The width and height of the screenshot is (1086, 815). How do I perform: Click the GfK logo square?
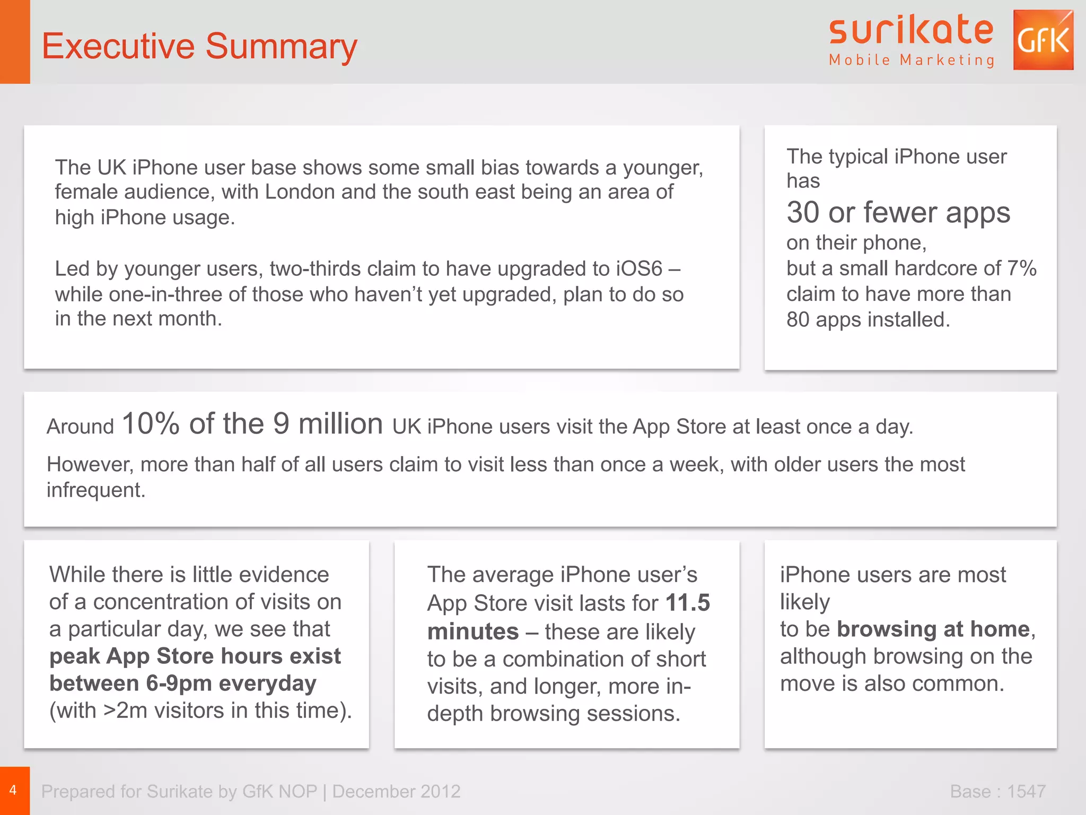(x=1043, y=40)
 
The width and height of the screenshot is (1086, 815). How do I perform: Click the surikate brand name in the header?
(x=911, y=30)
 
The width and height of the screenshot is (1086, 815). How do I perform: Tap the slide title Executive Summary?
(x=199, y=46)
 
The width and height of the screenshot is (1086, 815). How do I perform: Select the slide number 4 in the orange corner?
(x=13, y=790)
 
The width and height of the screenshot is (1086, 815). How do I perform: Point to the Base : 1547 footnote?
(x=997, y=791)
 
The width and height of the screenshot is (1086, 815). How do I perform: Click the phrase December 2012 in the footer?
(x=396, y=791)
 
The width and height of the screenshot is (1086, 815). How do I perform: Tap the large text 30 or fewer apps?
(x=898, y=212)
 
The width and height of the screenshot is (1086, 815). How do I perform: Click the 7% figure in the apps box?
(x=1022, y=268)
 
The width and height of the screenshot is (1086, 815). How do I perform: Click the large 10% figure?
(x=151, y=424)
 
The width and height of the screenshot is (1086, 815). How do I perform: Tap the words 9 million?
(x=328, y=424)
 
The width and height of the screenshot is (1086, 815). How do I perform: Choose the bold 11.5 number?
(x=688, y=603)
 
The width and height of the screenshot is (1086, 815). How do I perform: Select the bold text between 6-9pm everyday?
(x=183, y=683)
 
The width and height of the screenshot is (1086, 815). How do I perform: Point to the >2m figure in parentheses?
(x=125, y=710)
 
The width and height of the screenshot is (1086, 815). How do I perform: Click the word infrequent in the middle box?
(x=95, y=490)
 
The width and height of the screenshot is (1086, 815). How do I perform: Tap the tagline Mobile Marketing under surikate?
(x=912, y=60)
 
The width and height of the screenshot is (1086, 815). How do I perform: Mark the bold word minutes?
(x=473, y=631)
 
